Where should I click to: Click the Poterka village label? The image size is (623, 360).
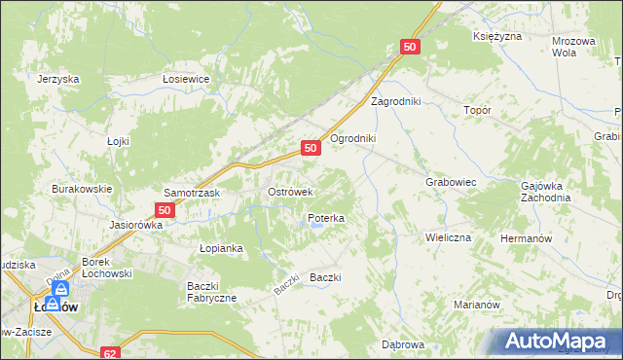[325, 219]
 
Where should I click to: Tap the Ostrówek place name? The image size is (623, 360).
[289, 192]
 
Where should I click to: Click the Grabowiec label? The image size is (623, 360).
[450, 182]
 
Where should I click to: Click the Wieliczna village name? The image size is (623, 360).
[448, 237]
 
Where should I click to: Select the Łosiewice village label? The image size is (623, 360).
[187, 80]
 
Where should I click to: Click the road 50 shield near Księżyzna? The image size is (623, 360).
[410, 47]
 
